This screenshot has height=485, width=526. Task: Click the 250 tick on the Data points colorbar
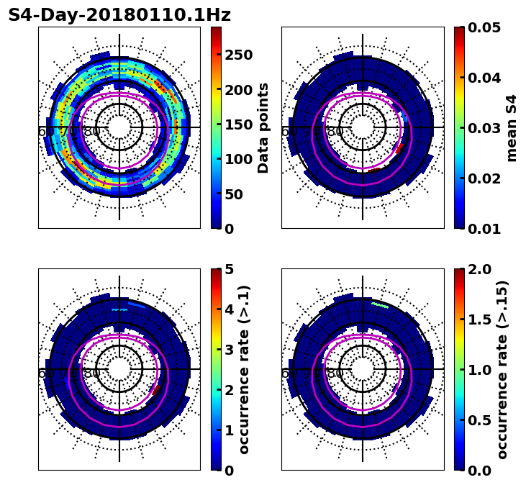pyautogui.click(x=239, y=55)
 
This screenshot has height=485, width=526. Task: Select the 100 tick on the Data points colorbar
pyautogui.click(x=239, y=160)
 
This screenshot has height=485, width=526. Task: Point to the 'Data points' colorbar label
pyautogui.click(x=263, y=128)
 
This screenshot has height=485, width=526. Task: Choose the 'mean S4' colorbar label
pyautogui.click(x=512, y=128)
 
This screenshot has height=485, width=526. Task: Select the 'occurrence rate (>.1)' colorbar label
pyautogui.click(x=245, y=370)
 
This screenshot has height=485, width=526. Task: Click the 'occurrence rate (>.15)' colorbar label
pyautogui.click(x=502, y=370)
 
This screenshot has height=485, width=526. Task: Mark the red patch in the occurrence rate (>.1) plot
pyautogui.click(x=156, y=390)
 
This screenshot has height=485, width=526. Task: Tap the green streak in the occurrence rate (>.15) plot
pyautogui.click(x=380, y=305)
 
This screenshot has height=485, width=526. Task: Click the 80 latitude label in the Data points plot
pyautogui.click(x=92, y=132)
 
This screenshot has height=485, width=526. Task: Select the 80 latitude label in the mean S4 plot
pyautogui.click(x=335, y=132)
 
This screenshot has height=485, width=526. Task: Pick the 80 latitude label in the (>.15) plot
pyautogui.click(x=335, y=373)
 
